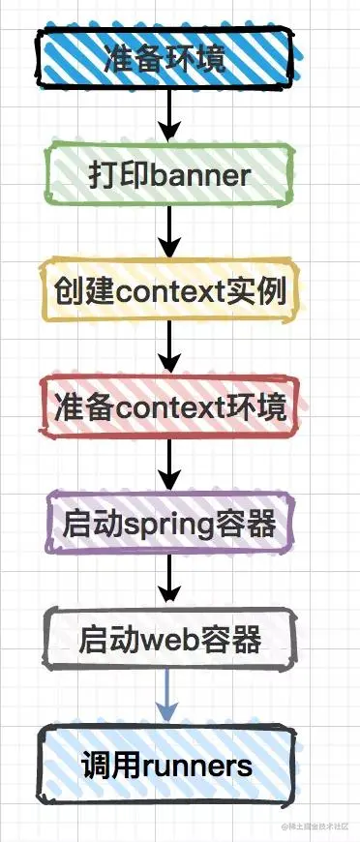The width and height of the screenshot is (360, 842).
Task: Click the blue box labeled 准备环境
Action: pyautogui.click(x=165, y=58)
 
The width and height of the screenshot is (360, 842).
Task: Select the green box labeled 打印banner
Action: pyautogui.click(x=168, y=175)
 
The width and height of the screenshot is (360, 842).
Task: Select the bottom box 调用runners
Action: pyautogui.click(x=168, y=766)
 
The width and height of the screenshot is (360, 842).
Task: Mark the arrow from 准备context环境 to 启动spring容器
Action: pyautogui.click(x=169, y=466)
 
